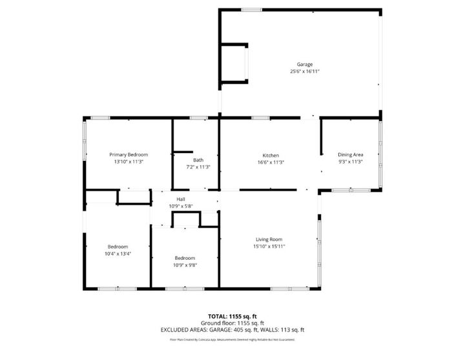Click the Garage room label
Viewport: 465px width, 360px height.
305,65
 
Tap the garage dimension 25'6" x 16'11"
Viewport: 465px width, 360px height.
305,72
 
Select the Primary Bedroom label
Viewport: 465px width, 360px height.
129,155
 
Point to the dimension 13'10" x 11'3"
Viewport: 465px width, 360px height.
129,162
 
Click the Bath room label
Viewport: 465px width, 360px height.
198,160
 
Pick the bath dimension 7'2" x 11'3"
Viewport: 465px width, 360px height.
198,167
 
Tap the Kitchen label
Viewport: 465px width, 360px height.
271,155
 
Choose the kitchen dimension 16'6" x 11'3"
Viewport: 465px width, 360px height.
271,162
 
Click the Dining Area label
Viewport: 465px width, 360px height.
351,155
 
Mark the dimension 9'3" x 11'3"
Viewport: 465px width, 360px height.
351,162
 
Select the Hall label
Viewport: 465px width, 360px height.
181,199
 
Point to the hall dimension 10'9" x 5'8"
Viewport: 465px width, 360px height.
181,206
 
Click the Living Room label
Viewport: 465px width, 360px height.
269,239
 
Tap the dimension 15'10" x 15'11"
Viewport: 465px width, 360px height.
269,246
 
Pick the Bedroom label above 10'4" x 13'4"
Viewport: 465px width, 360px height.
118,246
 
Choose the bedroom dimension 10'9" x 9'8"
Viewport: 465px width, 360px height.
184,265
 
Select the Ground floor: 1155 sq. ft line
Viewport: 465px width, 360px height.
232,323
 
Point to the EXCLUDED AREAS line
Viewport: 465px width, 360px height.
232,330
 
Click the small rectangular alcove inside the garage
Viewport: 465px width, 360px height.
233,63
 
